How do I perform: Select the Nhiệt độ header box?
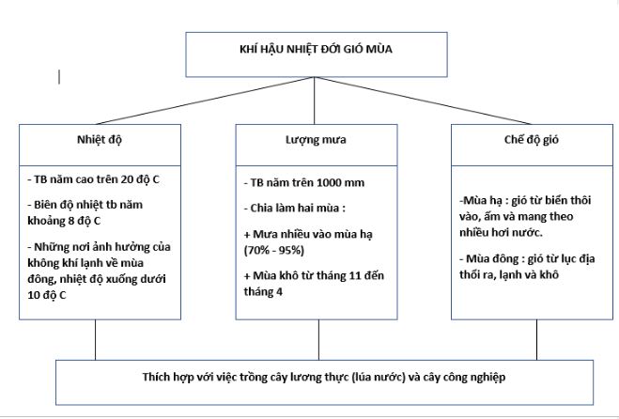(x=100, y=139)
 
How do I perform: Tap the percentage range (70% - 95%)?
(x=272, y=251)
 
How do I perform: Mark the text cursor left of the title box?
(x=60, y=76)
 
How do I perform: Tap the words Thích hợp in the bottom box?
(x=139, y=378)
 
